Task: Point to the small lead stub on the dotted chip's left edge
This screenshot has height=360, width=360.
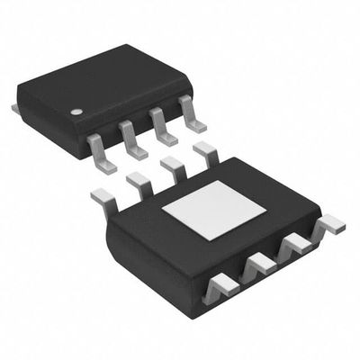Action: click(15, 108)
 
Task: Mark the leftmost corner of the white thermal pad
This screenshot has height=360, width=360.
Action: click(161, 209)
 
